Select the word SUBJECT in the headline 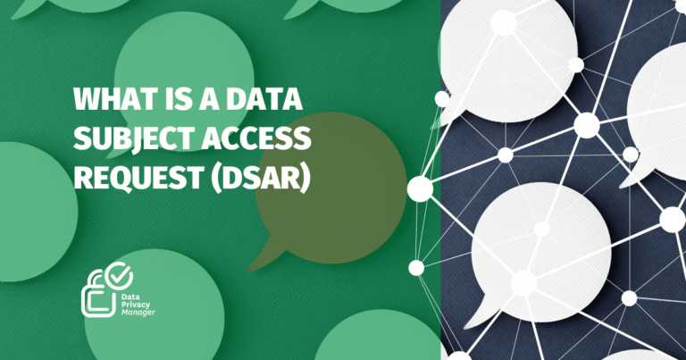[121, 138]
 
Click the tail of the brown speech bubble [261, 260]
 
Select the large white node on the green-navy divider [420, 188]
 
